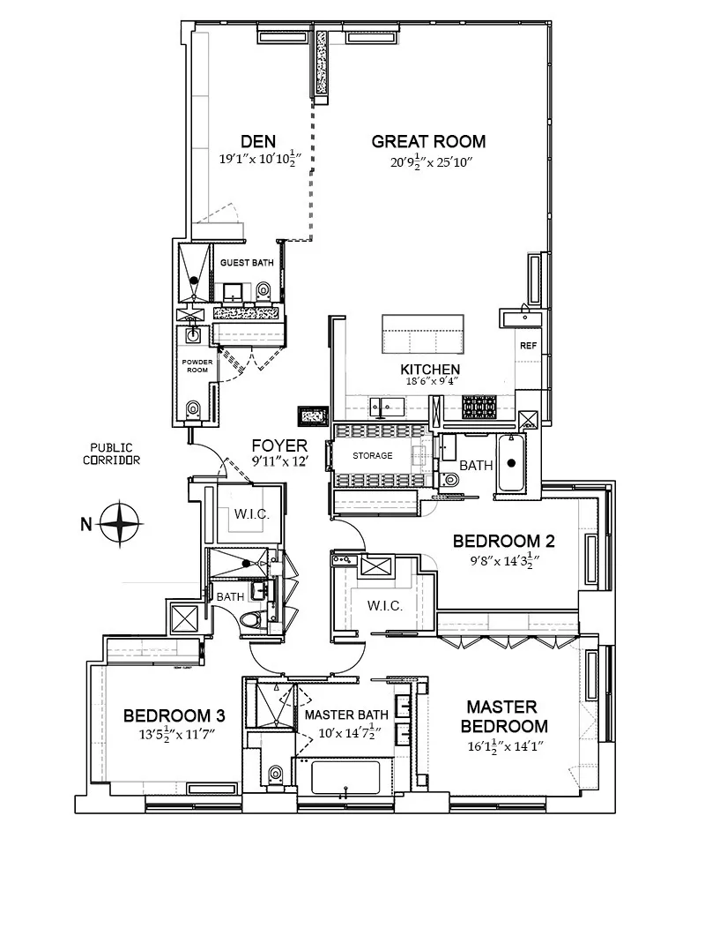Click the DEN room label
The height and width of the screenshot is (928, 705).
(258, 141)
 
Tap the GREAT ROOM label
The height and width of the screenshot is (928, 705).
(428, 141)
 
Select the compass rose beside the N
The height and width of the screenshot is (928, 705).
(120, 524)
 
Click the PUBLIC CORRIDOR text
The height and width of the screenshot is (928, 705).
(112, 454)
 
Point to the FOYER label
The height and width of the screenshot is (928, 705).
(279, 445)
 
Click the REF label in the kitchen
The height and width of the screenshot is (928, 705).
(528, 346)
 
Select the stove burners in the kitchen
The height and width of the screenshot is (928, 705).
(480, 407)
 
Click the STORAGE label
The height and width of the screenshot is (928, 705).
(373, 456)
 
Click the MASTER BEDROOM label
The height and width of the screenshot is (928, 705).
(507, 716)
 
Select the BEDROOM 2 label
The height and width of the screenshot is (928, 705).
(502, 541)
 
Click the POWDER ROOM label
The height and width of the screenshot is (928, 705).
(196, 366)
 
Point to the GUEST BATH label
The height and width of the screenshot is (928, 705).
(247, 263)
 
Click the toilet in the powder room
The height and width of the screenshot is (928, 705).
(193, 408)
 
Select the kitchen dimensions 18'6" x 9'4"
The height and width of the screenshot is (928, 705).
(430, 382)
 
